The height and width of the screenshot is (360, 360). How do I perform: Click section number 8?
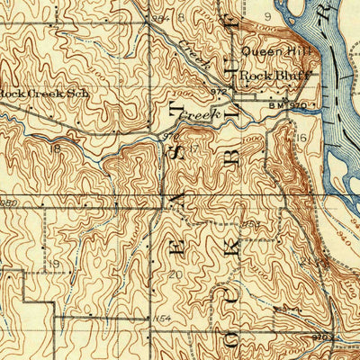pos(180,15)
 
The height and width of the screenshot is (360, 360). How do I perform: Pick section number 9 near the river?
pos(268,15)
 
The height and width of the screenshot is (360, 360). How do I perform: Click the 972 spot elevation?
pos(217,92)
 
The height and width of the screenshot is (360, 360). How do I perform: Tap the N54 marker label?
pos(160,319)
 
